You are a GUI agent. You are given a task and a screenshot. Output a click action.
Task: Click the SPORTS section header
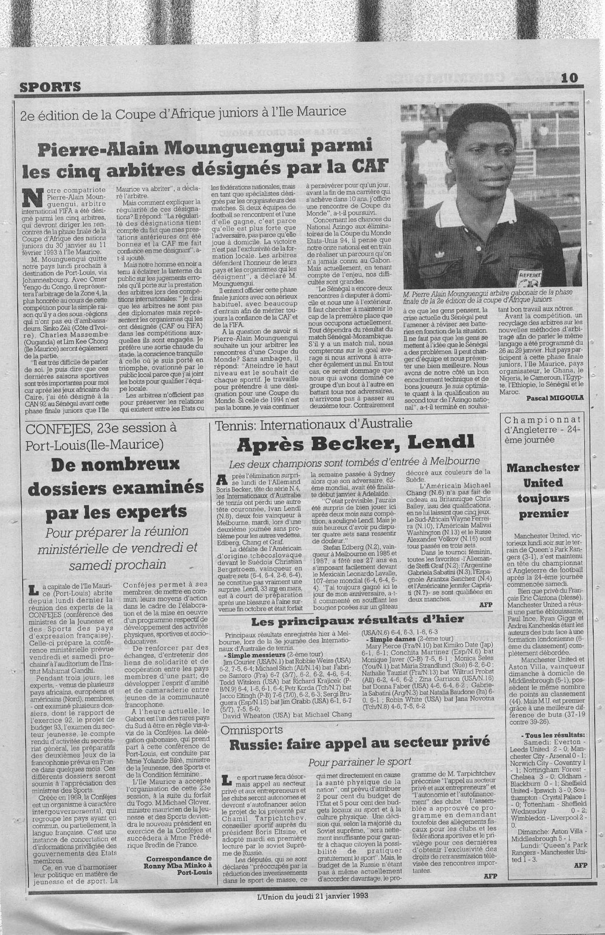[x=50, y=87]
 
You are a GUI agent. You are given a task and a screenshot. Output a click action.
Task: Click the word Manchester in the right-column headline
[x=544, y=467]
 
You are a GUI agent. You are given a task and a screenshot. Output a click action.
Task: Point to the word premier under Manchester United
[x=544, y=514]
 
